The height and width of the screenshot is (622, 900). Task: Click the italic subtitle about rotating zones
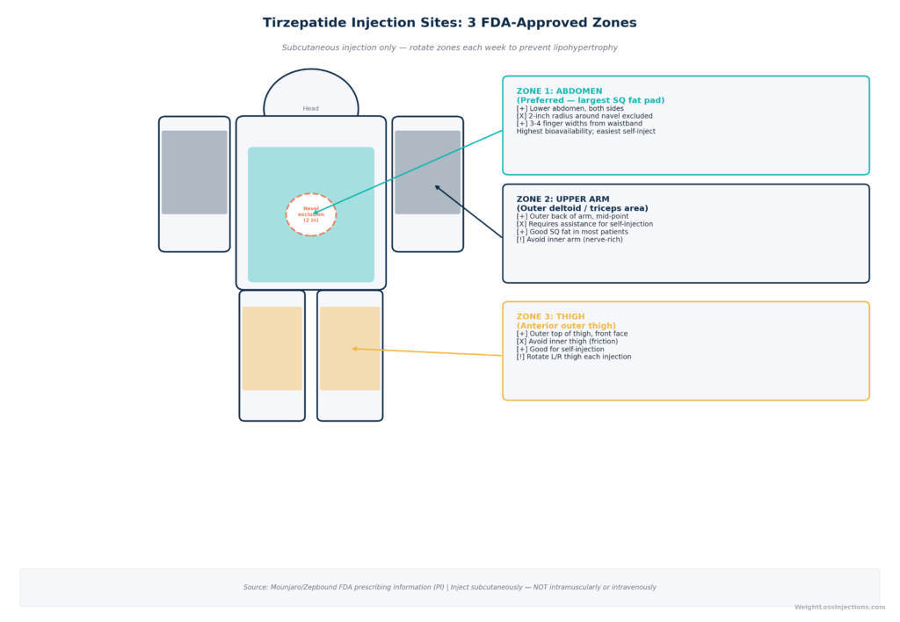[449, 47]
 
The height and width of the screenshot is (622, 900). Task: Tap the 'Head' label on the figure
[310, 108]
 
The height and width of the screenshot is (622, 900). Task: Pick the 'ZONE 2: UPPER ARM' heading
[562, 199]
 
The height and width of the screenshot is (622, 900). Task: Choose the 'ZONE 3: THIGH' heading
[550, 316]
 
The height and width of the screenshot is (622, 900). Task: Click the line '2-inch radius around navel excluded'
[584, 116]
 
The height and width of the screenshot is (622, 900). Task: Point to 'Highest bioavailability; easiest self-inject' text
[585, 132]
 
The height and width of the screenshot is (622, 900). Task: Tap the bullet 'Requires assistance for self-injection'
[584, 224]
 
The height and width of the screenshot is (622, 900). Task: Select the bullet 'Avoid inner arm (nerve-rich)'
[570, 239]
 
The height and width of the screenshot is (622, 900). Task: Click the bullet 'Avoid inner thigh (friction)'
[567, 342]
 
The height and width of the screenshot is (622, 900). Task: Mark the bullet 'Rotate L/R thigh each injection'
[573, 357]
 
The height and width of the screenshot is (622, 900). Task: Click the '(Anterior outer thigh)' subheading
[566, 325]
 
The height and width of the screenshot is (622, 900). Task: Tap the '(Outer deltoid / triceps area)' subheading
[582, 208]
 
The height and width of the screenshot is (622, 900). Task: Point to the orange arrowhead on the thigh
[355, 348]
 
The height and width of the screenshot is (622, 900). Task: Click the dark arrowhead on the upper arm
[438, 187]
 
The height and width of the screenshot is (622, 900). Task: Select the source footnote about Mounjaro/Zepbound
[449, 587]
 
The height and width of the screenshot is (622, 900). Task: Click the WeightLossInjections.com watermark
[839, 606]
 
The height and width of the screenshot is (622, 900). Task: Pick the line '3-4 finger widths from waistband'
[579, 123]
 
